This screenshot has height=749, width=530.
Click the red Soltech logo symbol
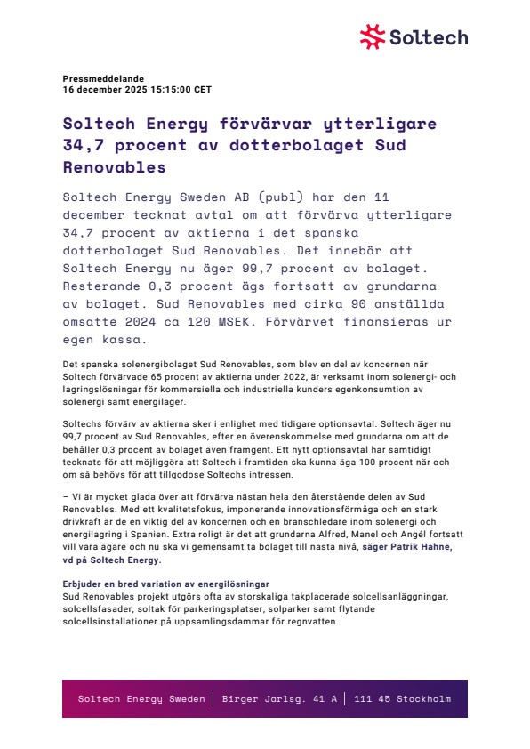(x=373, y=36)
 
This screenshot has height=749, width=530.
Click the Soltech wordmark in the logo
(x=428, y=37)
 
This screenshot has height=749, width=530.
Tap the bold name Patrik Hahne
(x=422, y=547)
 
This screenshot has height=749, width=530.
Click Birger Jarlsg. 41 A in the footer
(x=279, y=698)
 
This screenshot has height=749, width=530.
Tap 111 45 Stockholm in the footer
(x=402, y=698)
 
